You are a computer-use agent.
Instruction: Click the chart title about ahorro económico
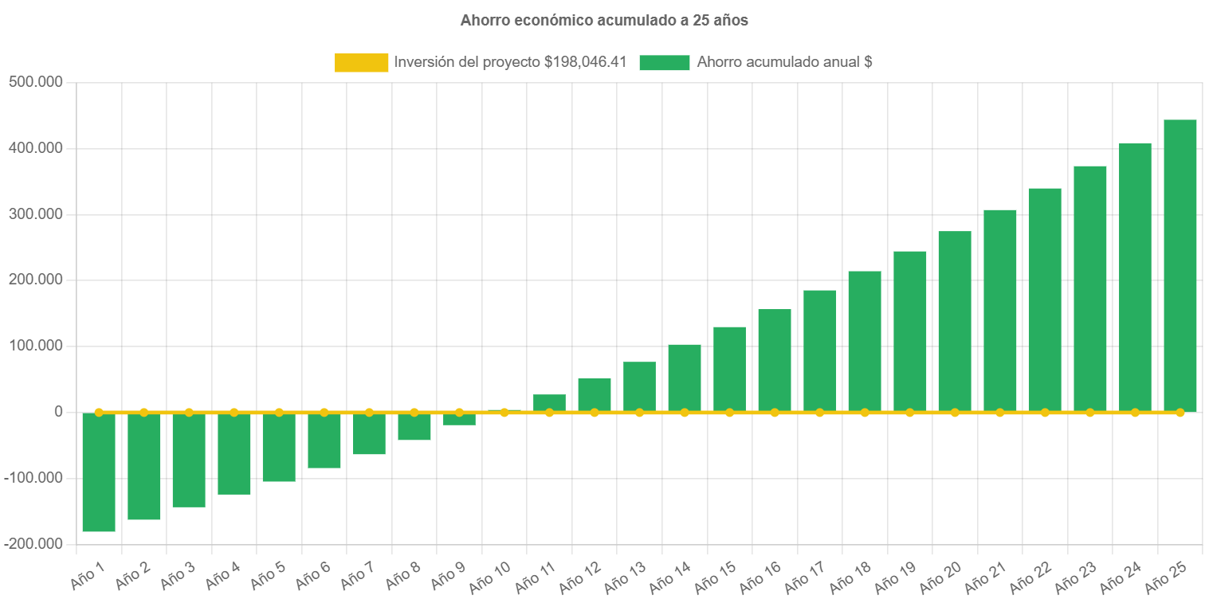(604, 21)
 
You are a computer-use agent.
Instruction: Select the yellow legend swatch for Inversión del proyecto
(361, 62)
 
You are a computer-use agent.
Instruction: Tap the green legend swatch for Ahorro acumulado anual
(664, 62)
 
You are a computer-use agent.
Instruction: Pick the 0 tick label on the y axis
(58, 412)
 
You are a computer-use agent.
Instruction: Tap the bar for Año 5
(279, 448)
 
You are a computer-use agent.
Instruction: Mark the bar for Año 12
(595, 394)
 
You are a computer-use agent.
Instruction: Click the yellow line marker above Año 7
(369, 412)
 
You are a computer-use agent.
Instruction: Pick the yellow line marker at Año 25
(1180, 412)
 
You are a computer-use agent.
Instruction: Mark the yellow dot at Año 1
(99, 412)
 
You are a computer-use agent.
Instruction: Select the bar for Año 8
(414, 427)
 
